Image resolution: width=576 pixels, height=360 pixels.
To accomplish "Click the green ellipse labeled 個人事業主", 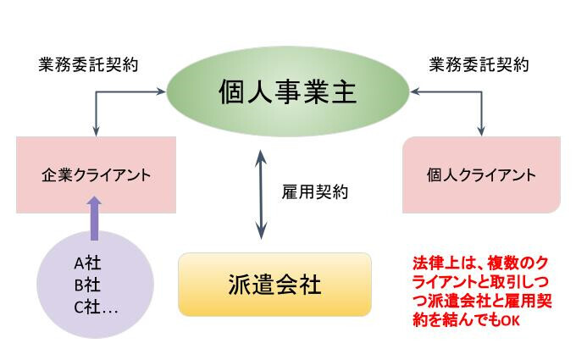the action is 288,91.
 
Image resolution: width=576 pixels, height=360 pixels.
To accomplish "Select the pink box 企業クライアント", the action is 96,174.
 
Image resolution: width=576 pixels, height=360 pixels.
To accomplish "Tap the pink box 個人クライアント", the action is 482,174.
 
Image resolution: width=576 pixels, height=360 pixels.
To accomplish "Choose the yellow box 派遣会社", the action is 274,285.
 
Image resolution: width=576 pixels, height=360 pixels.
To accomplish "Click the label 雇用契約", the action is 315,191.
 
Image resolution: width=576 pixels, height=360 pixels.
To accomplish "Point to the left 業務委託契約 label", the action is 89,65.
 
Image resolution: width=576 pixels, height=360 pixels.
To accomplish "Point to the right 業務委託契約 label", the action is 479,65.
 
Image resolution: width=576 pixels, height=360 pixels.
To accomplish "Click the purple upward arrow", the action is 94,219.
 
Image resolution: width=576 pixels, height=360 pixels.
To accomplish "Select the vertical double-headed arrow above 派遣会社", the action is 261,194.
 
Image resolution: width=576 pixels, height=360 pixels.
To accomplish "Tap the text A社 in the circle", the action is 87,263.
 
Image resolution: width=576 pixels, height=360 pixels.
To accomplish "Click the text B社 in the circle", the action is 87,285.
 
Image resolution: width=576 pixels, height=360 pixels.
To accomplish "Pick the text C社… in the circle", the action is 96,307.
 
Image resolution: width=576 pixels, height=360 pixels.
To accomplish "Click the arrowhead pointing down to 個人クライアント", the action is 481,131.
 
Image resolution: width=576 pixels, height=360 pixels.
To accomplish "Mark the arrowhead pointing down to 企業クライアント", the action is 96,131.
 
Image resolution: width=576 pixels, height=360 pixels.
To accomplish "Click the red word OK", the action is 511,321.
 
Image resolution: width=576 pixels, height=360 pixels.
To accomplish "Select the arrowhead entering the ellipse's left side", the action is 161,91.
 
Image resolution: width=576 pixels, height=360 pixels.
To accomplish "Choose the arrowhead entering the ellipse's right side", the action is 415,91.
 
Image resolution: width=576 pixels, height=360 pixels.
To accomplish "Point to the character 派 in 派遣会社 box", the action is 239,285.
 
